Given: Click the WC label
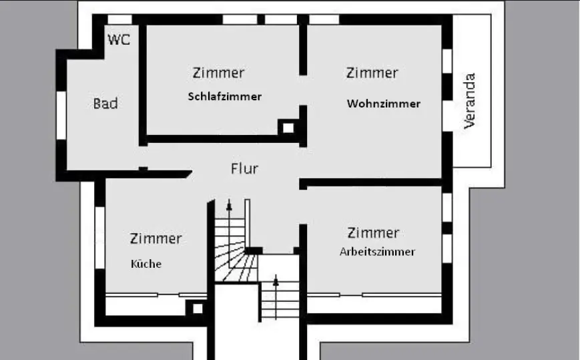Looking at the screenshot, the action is tap(119, 39).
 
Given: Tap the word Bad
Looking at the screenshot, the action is tap(105, 104).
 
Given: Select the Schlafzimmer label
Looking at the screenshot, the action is tap(225, 96).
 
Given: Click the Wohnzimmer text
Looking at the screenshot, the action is tap(384, 104).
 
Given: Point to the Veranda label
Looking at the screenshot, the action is tap(471, 100).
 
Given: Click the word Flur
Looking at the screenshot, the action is tap(244, 168).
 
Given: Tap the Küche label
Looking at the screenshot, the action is tap(146, 263).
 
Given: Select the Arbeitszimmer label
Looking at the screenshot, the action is tap(377, 252).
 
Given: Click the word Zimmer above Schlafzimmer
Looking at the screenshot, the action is tap(218, 72).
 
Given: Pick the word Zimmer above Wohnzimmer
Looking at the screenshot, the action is tap(372, 72).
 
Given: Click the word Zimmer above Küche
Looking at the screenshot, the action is tap(156, 238).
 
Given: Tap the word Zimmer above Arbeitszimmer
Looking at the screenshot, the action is tap(373, 232).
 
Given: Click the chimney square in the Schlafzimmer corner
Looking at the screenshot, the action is tap(288, 127).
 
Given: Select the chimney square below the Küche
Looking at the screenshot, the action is tap(197, 308).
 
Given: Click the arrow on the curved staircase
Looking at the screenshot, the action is tap(230, 204).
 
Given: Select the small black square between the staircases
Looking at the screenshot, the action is tap(252, 250).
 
